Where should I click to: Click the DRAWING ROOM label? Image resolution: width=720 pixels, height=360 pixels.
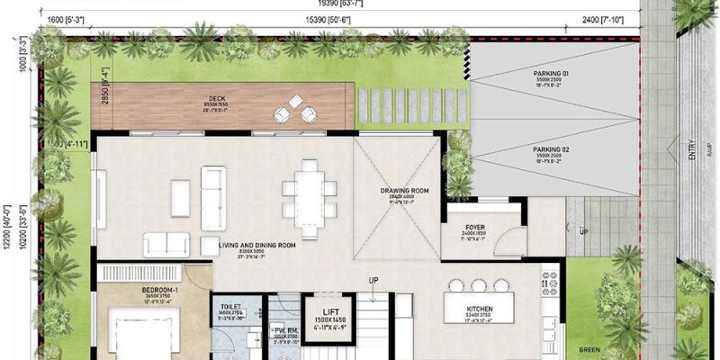click(x=397, y=192)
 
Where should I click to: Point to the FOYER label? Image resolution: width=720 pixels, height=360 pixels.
click(x=475, y=228)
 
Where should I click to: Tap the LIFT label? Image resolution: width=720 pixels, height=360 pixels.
click(x=322, y=309)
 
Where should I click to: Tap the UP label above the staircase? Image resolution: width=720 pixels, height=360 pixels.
click(x=373, y=281)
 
